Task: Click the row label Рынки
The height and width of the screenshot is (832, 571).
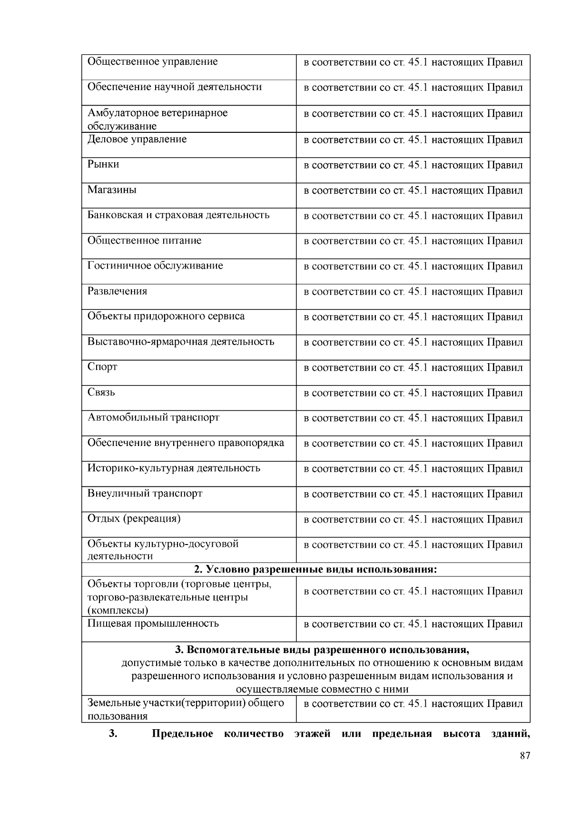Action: pyautogui.click(x=103, y=165)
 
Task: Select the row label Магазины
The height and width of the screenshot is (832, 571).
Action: pyautogui.click(x=112, y=190)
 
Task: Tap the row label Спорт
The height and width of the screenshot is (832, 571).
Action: pyautogui.click(x=102, y=367)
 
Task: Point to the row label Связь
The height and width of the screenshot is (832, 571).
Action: pyautogui.click(x=101, y=392)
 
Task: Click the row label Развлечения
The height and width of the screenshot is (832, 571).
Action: pyautogui.click(x=117, y=291)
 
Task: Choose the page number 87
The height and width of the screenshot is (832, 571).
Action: pyautogui.click(x=525, y=756)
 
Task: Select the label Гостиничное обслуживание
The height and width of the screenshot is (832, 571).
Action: pyautogui.click(x=155, y=266)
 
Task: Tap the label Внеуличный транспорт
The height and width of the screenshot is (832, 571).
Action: pyautogui.click(x=145, y=494)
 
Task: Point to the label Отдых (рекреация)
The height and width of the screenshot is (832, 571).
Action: pyautogui.click(x=134, y=519)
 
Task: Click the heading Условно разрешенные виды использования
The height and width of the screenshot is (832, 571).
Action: pyautogui.click(x=315, y=570)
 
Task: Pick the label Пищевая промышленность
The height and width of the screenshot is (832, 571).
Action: pyautogui.click(x=153, y=624)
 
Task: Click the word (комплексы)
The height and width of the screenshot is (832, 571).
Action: pyautogui.click(x=118, y=611)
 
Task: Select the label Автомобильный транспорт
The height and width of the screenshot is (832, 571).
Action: pyautogui.click(x=153, y=417)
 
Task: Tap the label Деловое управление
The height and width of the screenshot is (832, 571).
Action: pyautogui.click(x=137, y=139)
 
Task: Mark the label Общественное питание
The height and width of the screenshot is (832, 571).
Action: pyautogui.click(x=144, y=240)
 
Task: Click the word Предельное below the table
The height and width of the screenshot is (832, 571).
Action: pyautogui.click(x=182, y=734)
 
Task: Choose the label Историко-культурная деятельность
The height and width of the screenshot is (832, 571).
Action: pyautogui.click(x=174, y=468)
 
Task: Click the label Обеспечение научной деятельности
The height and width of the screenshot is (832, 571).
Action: pyautogui.click(x=174, y=87)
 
